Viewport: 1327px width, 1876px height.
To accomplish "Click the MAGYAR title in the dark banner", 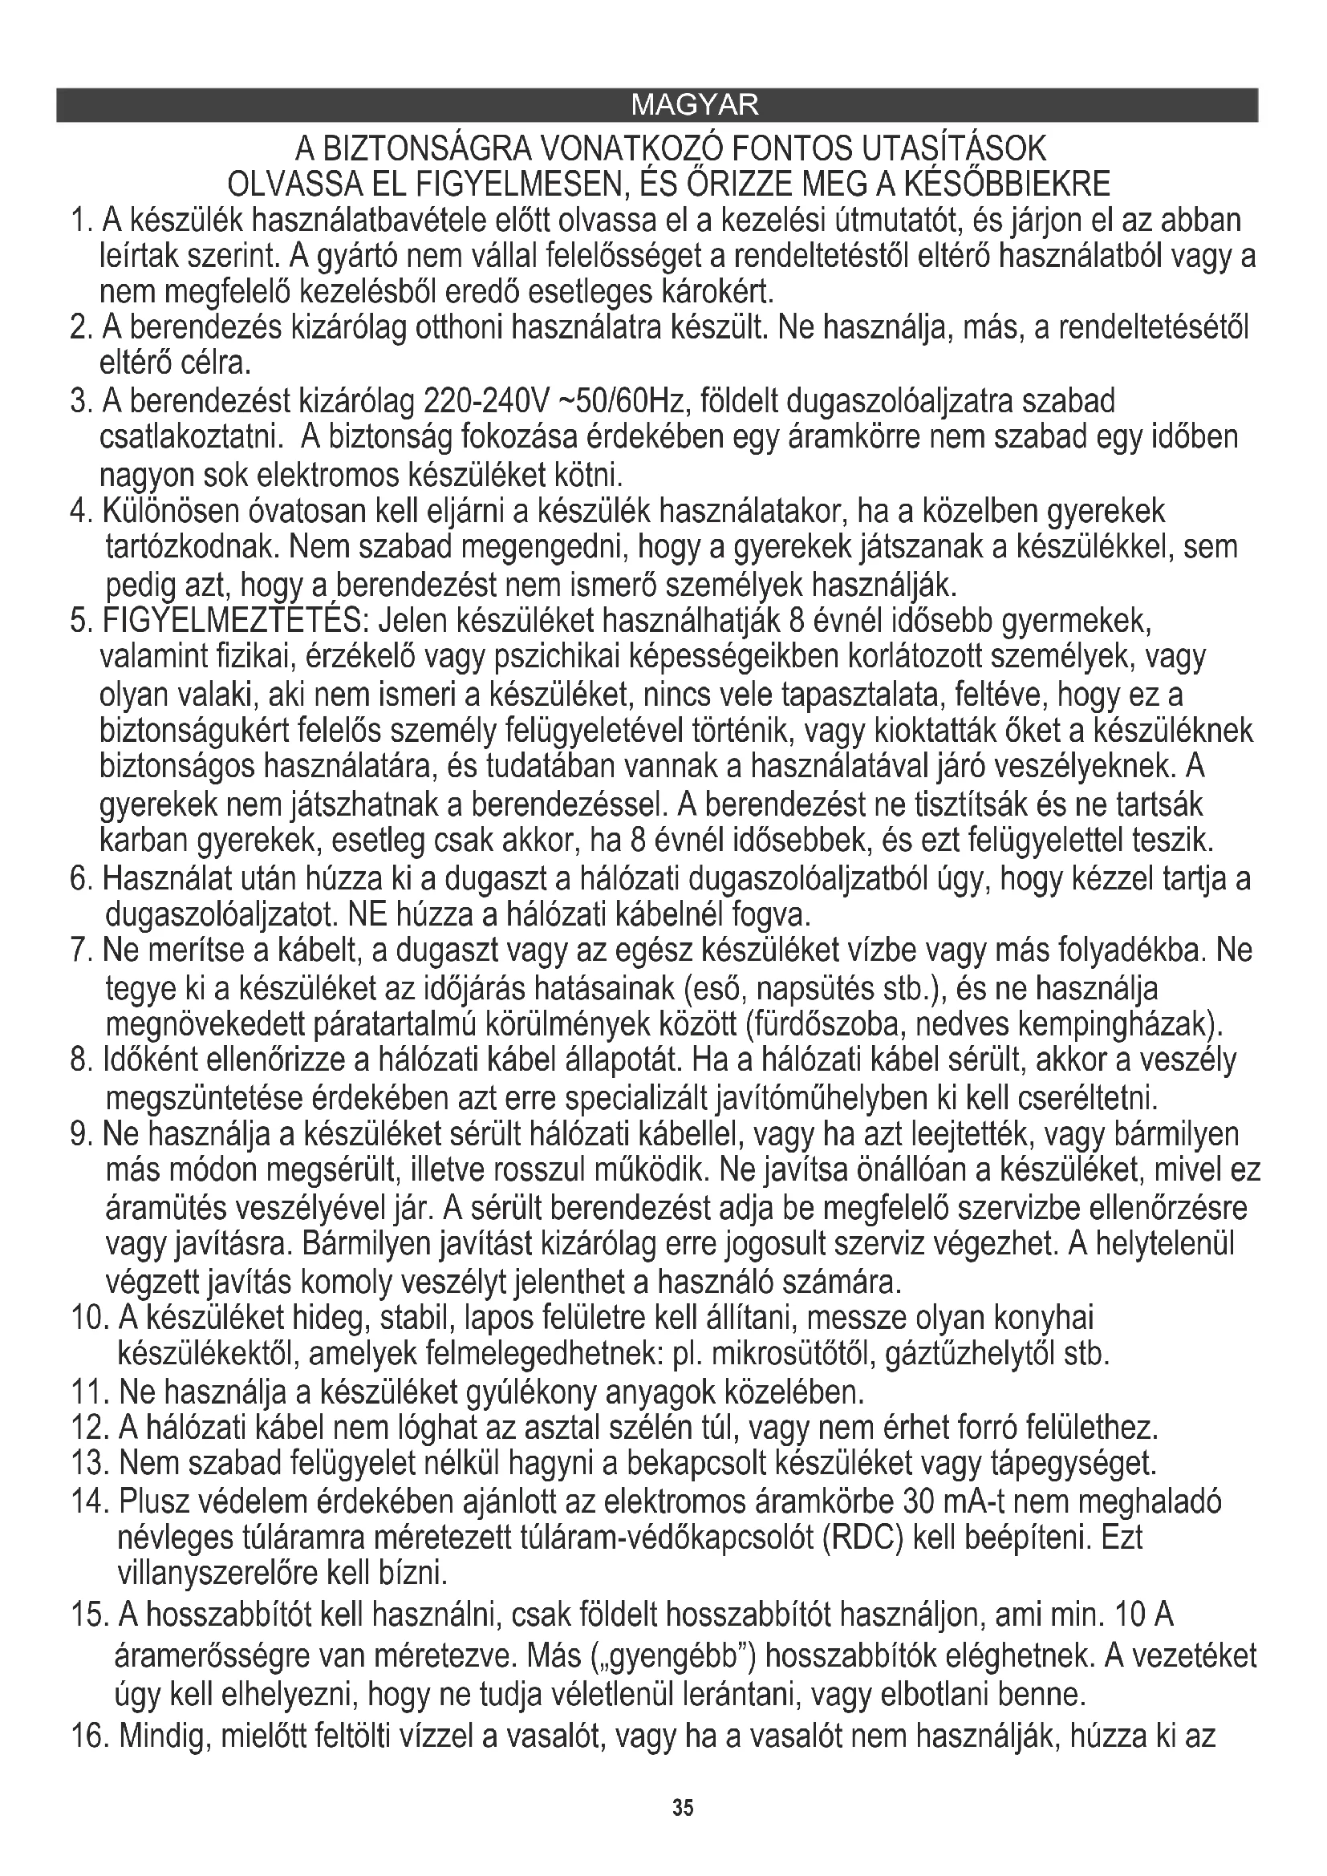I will pyautogui.click(x=696, y=104).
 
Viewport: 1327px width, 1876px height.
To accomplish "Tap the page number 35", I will pyautogui.click(x=683, y=1807).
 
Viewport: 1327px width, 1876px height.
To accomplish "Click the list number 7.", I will pyautogui.click(x=79, y=951).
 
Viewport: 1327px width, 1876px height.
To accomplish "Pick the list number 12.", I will pyautogui.click(x=90, y=1428).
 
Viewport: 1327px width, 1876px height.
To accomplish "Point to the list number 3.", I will pyautogui.click(x=79, y=402).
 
